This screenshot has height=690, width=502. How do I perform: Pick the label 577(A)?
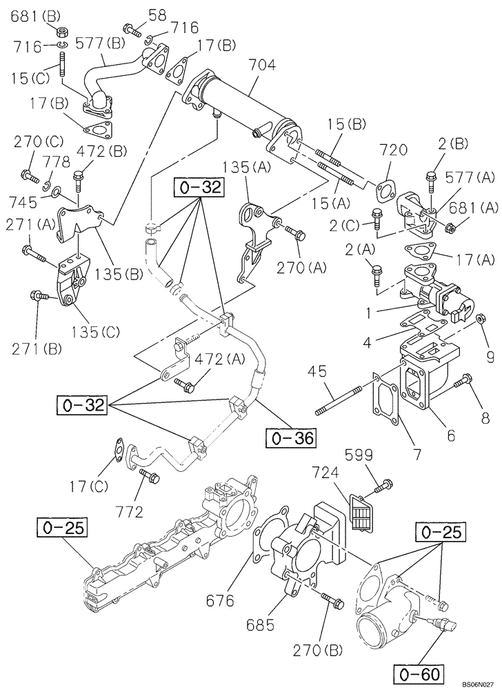[x=470, y=179]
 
